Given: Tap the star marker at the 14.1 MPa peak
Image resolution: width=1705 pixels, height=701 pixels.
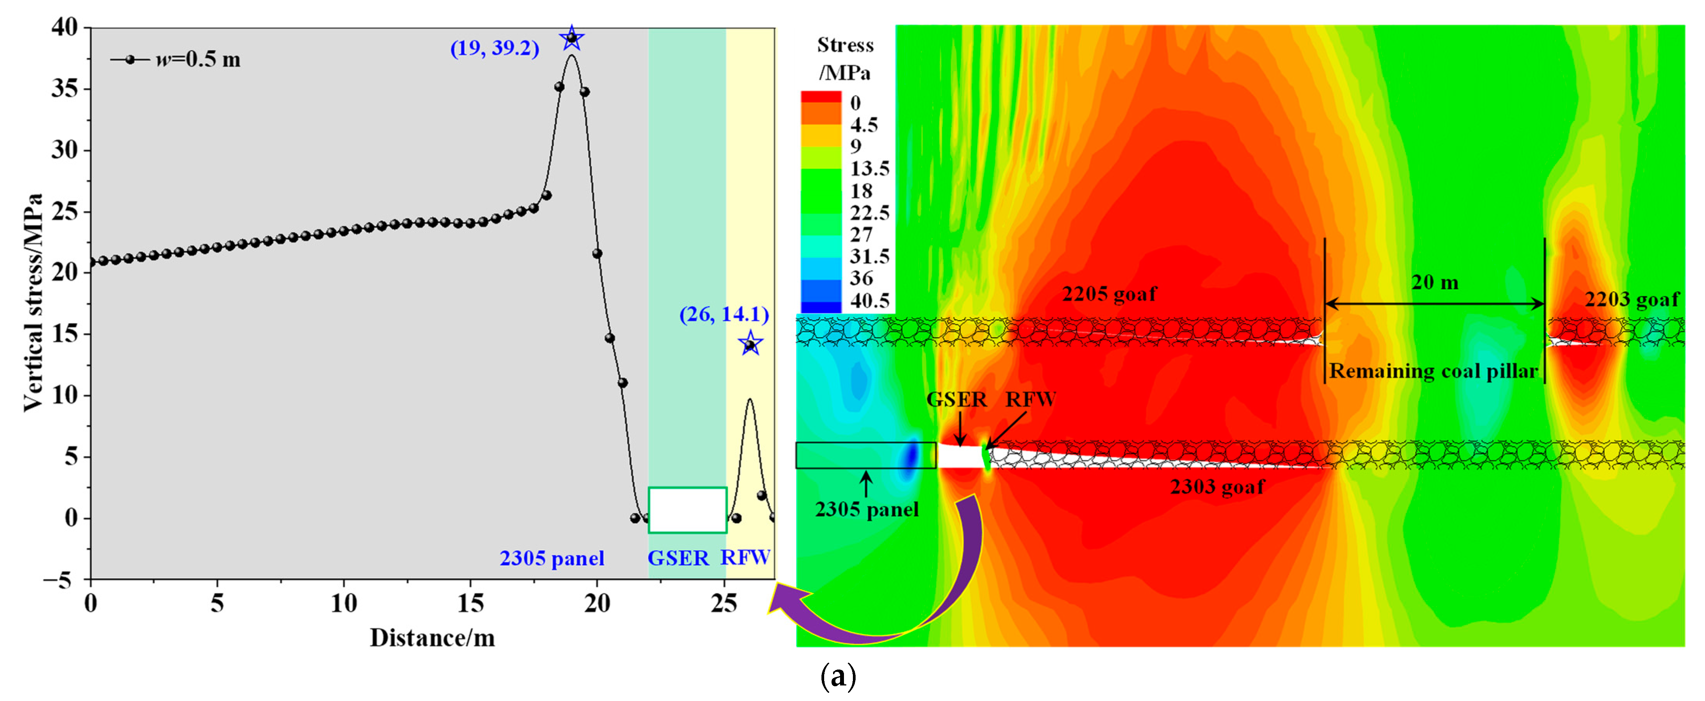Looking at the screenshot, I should pos(750,344).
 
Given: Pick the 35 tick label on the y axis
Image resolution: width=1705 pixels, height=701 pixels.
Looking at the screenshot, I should pos(64,89).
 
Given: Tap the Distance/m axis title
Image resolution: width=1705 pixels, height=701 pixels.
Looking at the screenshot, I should pos(432,637).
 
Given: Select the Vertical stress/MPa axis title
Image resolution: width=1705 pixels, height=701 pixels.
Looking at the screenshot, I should pos(33,303).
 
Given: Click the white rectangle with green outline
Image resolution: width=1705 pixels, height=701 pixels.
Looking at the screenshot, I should pos(688,510).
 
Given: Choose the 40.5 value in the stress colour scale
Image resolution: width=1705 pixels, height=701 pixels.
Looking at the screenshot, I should pos(870,301).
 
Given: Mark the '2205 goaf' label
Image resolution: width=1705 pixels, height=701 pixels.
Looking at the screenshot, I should pos(1109,293).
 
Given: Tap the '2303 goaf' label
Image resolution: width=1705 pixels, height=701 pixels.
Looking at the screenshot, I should pos(1217,487).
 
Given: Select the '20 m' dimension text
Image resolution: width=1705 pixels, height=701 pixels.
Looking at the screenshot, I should pos(1435,283).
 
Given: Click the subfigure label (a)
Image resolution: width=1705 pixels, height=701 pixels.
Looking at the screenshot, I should pos(838,678).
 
